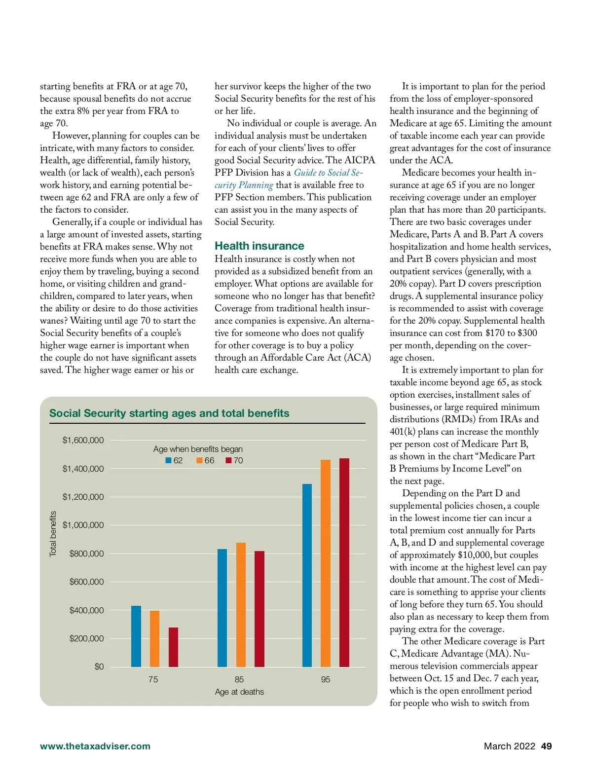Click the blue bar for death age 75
click(136, 636)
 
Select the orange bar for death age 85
click(241, 604)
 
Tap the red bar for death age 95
click(344, 562)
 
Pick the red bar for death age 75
click(173, 647)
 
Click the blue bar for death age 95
click(307, 575)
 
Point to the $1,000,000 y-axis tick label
click(83, 525)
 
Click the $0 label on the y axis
click(99, 667)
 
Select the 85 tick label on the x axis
click(239, 680)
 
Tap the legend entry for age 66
click(205, 461)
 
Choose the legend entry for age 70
click(234, 461)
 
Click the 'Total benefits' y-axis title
click(53, 534)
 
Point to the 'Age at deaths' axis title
click(239, 692)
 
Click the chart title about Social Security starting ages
click(169, 413)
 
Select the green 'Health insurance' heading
click(259, 246)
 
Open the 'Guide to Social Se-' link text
click(328, 173)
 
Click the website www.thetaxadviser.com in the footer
click(95, 746)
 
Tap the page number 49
click(546, 746)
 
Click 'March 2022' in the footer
click(509, 746)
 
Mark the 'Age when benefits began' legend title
click(198, 449)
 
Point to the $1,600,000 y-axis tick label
click(83, 441)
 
